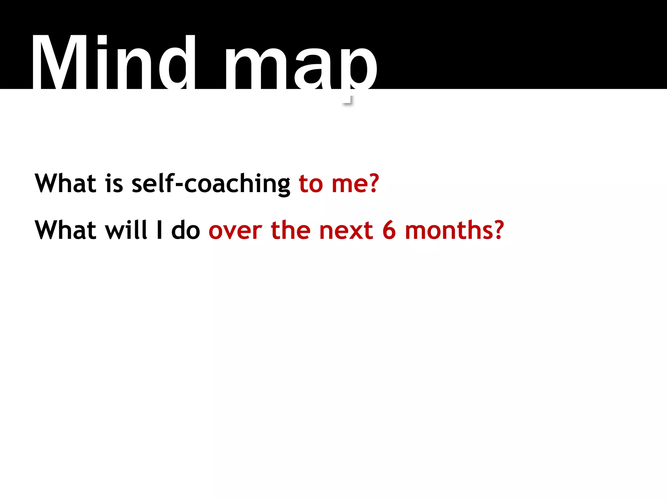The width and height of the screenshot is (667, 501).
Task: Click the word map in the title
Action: [301, 67]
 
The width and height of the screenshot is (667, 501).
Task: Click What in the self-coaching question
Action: [65, 183]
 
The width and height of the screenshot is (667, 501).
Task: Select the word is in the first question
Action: [114, 183]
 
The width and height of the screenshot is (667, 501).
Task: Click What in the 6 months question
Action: [65, 230]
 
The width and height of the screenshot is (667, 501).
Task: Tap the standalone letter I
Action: [159, 230]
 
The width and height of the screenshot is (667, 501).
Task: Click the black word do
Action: [186, 230]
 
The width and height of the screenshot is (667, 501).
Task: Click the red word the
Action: [291, 230]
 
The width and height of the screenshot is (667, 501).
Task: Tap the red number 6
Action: [389, 230]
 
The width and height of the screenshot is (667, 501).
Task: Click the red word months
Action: [449, 230]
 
